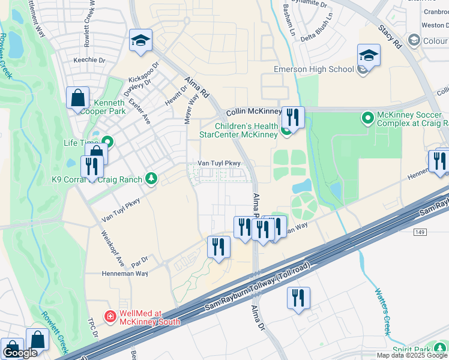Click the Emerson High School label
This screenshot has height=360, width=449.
click(313, 69)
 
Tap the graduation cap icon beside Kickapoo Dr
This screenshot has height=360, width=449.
click(140, 41)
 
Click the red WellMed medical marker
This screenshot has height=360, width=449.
click(110, 316)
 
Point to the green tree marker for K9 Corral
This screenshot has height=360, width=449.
click(152, 179)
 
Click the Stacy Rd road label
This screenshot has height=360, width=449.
click(388, 36)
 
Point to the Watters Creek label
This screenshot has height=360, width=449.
click(382, 311)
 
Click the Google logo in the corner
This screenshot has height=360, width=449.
click(20, 353)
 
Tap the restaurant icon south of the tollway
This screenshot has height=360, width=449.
click(298, 298)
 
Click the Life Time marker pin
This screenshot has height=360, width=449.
click(110, 142)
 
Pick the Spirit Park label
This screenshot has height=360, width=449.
click(412, 349)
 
